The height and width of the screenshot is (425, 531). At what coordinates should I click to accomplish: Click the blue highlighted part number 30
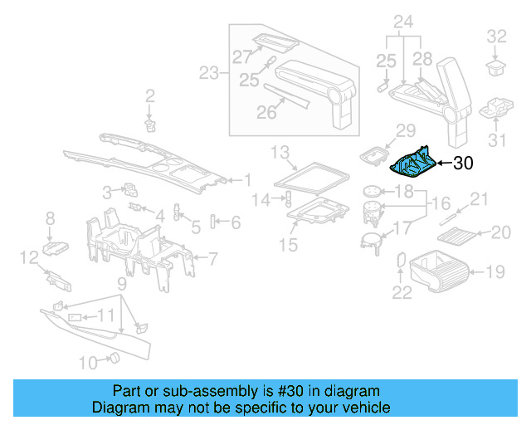[412, 162]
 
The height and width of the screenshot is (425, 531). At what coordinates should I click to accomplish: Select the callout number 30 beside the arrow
[462, 164]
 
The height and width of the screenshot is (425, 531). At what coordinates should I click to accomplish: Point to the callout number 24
[402, 21]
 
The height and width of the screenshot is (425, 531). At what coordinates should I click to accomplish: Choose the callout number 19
[494, 270]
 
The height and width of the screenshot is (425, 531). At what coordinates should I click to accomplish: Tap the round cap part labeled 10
[115, 358]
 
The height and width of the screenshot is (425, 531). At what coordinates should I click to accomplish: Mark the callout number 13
[280, 151]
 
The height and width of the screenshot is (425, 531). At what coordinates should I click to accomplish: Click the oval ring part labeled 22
[402, 261]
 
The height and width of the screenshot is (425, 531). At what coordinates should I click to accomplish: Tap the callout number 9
[121, 285]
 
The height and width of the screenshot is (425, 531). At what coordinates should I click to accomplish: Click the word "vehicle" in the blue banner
[362, 408]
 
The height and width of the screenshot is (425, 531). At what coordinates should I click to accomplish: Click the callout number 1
[246, 178]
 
